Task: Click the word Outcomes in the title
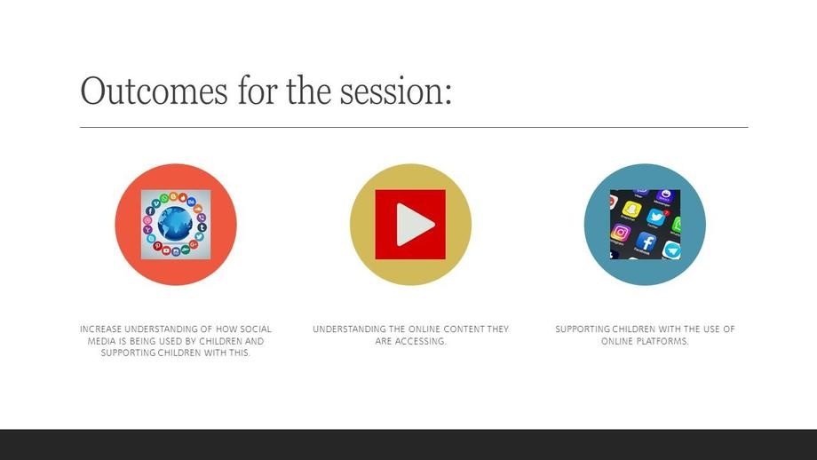(154, 91)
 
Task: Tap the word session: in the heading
(396, 91)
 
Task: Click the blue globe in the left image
(175, 224)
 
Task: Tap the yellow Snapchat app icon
(632, 210)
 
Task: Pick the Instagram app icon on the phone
(621, 233)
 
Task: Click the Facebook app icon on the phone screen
(646, 242)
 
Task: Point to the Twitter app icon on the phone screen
(656, 218)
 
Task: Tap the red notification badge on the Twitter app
(666, 212)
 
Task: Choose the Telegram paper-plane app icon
(672, 250)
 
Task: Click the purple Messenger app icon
(664, 196)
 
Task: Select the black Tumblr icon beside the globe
(202, 227)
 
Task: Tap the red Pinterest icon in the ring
(157, 246)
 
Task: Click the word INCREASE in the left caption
(100, 329)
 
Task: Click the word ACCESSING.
(420, 341)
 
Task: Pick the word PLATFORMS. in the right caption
(662, 341)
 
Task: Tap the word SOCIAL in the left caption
(256, 329)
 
